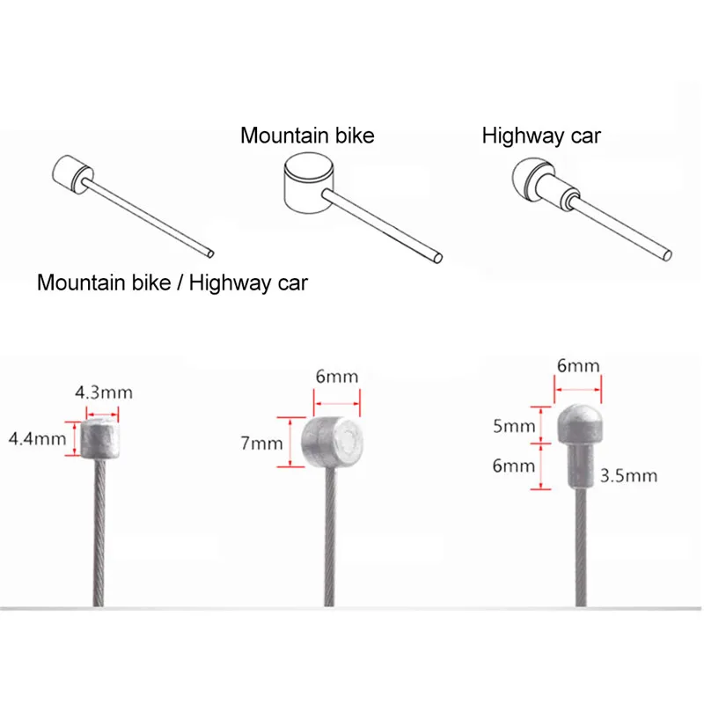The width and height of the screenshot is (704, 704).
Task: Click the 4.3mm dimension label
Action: [104, 392]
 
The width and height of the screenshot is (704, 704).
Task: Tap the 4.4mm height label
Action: [37, 438]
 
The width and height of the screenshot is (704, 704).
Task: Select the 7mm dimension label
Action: [261, 444]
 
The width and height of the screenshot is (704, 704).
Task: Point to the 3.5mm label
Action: [628, 475]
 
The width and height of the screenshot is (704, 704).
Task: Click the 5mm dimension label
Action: [514, 426]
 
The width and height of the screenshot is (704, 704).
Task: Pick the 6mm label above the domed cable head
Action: [578, 366]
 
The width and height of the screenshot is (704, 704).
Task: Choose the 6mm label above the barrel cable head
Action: [337, 377]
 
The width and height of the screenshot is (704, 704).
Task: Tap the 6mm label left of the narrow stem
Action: [514, 466]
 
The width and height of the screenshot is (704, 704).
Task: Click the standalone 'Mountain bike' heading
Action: [307, 136]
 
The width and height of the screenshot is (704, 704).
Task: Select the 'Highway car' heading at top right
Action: [541, 136]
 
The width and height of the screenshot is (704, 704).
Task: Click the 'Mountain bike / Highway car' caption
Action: [172, 282]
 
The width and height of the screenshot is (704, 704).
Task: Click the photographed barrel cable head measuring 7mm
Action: [333, 443]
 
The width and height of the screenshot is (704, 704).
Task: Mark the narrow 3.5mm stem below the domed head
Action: [580, 466]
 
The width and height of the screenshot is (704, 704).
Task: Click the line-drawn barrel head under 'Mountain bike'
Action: [309, 183]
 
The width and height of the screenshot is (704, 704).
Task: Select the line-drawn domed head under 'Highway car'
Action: [527, 179]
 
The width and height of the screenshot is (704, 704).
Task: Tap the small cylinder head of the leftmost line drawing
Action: [73, 174]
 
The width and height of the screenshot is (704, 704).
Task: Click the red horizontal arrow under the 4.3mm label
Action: [102, 414]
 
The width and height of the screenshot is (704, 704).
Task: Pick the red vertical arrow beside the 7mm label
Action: [290, 443]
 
